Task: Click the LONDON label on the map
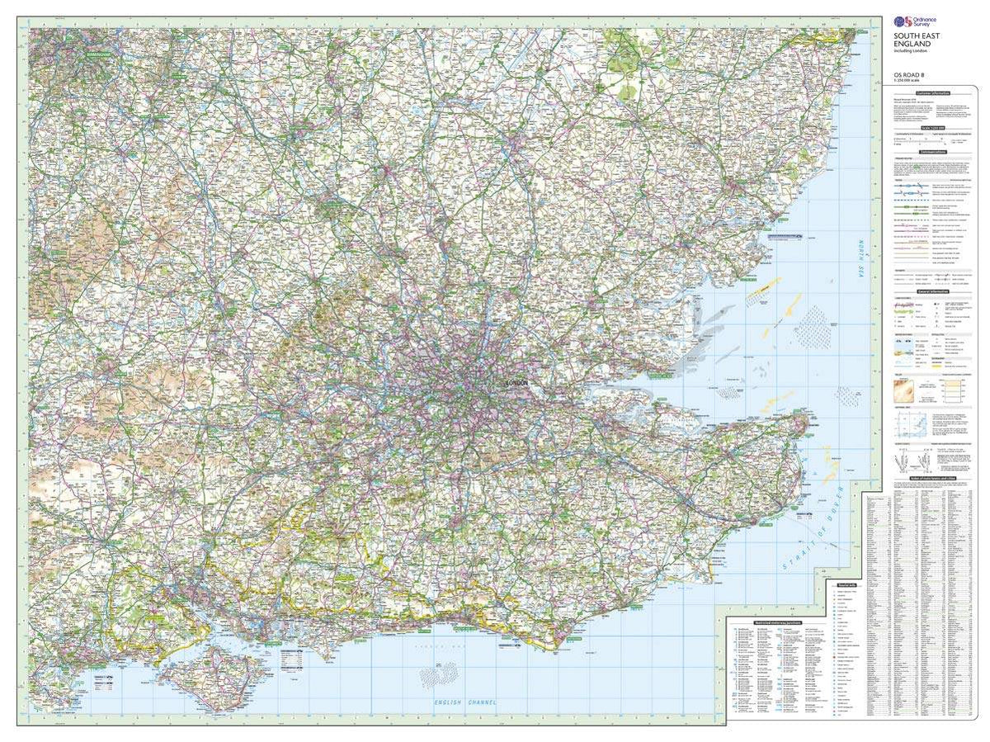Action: pos(518,383)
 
